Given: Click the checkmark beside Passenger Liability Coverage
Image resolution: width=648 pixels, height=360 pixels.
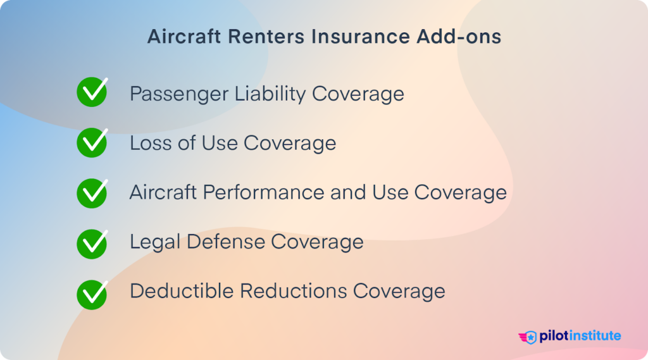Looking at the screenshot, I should pyautogui.click(x=92, y=92).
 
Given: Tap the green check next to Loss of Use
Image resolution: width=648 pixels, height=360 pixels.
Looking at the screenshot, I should pyautogui.click(x=92, y=142).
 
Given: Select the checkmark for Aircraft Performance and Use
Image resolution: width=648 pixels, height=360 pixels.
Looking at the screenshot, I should pyautogui.click(x=92, y=192).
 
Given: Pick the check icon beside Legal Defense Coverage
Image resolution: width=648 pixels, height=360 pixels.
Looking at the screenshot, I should pyautogui.click(x=92, y=242).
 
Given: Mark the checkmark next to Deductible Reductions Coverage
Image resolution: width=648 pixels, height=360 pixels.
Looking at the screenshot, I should pyautogui.click(x=92, y=292).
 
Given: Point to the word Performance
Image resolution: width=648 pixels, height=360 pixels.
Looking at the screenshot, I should pyautogui.click(x=269, y=192).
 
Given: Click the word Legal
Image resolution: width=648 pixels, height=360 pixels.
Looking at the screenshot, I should pyautogui.click(x=153, y=242).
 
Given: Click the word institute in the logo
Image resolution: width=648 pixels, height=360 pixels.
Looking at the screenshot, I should pyautogui.click(x=594, y=336).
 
